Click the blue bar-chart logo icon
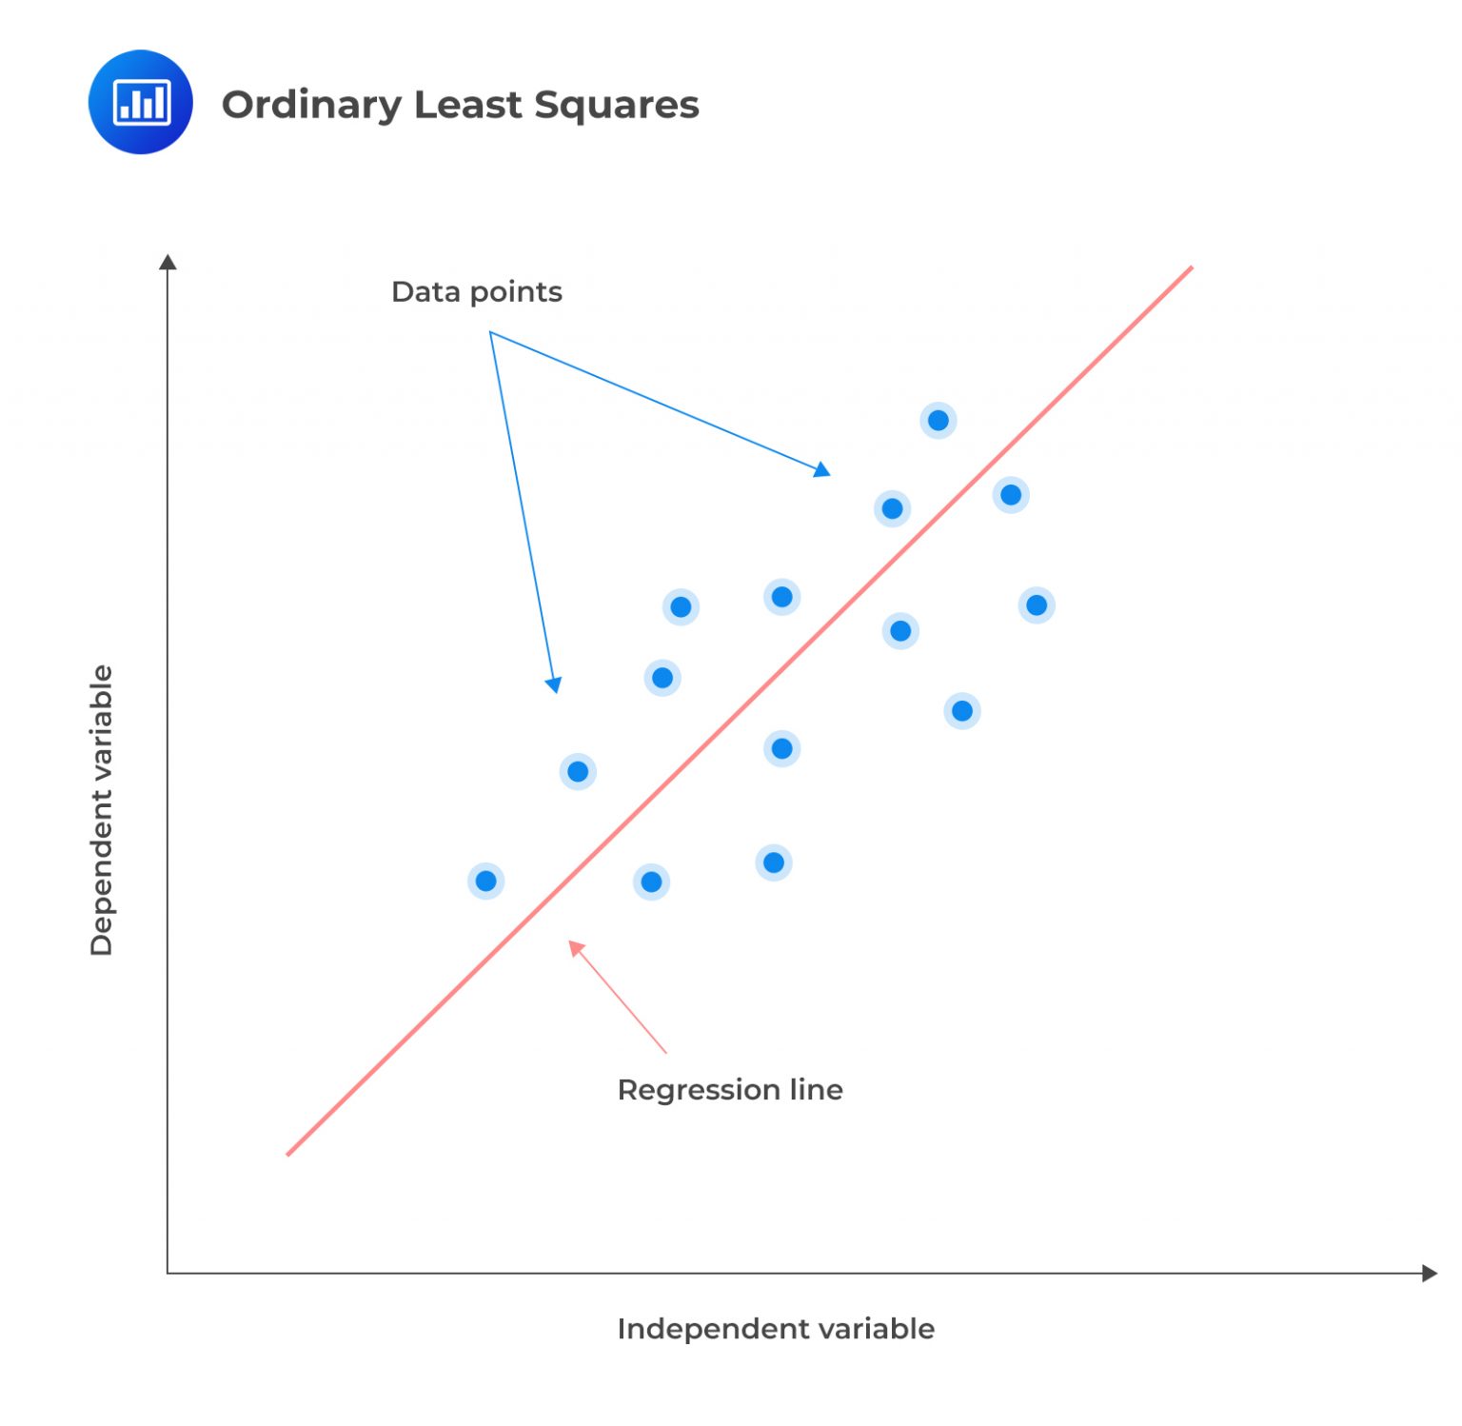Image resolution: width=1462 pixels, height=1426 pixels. [x=140, y=102]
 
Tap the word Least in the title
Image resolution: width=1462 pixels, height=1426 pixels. [x=467, y=104]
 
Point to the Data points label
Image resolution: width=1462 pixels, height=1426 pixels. [x=476, y=291]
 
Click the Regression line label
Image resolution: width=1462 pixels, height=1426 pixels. [x=729, y=1089]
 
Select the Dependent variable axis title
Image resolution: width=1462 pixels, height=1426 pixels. [x=101, y=809]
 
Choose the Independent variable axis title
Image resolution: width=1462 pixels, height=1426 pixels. [x=775, y=1328]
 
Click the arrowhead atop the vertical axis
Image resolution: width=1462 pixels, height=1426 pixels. [x=168, y=262]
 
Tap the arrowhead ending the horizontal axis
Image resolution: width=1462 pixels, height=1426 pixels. [x=1430, y=1273]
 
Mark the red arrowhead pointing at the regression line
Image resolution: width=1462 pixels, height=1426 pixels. [x=574, y=946]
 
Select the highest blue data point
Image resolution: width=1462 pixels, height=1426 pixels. [x=938, y=420]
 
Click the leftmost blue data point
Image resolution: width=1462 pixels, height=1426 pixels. [x=485, y=881]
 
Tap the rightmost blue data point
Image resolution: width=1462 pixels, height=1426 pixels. [x=1036, y=604]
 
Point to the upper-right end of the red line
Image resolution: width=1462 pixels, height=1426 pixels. [x=1191, y=268]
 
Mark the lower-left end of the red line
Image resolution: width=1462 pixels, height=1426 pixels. [x=287, y=1155]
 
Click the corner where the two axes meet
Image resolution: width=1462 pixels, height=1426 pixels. [x=168, y=1273]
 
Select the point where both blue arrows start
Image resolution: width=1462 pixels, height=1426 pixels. [x=490, y=331]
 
